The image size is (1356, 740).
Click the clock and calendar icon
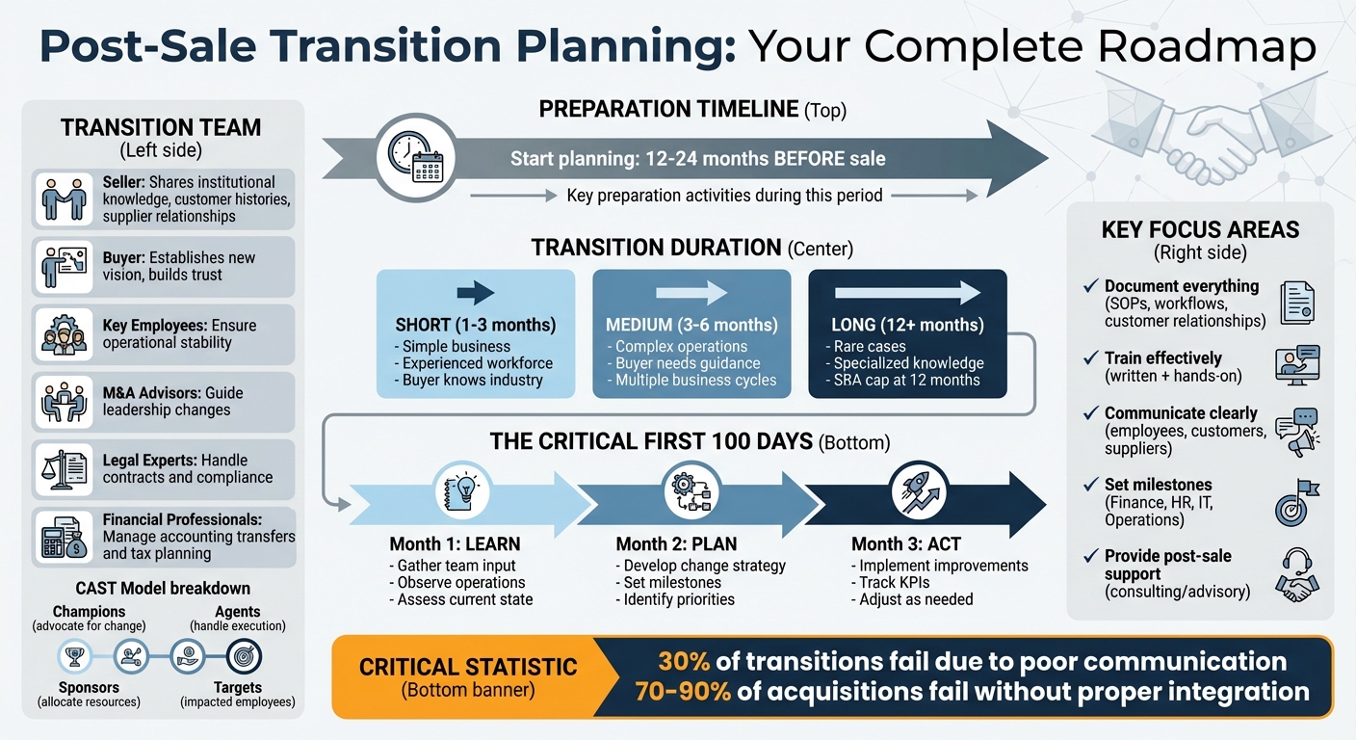coord(415,158)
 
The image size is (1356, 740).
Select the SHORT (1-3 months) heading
coord(475,325)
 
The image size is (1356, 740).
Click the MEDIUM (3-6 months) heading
coord(691,325)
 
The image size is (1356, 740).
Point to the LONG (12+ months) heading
coord(907,325)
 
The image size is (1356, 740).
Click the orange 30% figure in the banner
coord(685,662)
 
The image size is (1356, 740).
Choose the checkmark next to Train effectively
coord(1090,358)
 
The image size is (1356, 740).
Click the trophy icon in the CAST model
coord(74,657)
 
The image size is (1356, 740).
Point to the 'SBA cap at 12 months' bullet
coord(906,380)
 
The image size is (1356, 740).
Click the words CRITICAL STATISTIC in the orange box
coord(467,667)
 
